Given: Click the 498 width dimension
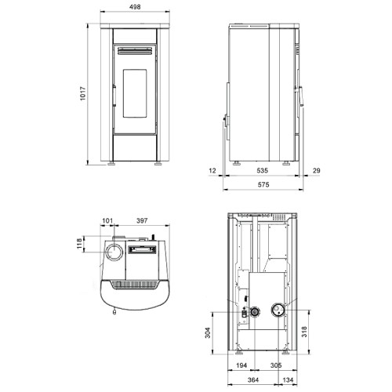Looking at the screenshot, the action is point(135,7).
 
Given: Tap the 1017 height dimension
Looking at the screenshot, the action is point(83,93).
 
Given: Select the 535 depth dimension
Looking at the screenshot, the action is point(262,171).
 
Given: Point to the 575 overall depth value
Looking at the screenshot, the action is point(263,185).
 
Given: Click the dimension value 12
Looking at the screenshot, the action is point(212,171).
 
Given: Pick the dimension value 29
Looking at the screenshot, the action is point(316,171).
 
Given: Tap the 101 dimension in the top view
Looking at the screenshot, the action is point(107,221).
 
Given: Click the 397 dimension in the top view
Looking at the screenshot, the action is point(142,221).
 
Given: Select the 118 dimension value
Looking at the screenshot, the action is point(79,244).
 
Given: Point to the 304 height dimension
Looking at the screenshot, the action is point(208,332).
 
